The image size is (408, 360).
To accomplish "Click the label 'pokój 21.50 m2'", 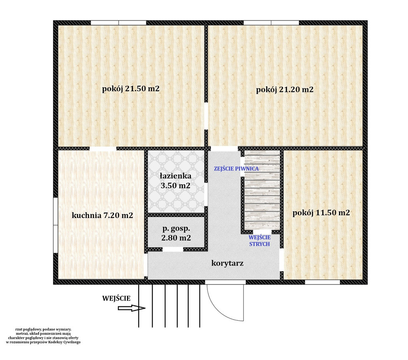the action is [x=131, y=89].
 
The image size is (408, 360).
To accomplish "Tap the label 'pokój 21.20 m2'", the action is [x=285, y=90].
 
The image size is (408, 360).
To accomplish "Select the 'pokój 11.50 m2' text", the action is [x=321, y=213].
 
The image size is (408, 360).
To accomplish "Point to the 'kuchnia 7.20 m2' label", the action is [x=102, y=216].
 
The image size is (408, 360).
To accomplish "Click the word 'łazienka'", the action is [x=175, y=176].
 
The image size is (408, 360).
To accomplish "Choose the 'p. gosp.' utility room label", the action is [x=176, y=229].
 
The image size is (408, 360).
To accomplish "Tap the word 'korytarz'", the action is [x=227, y=263].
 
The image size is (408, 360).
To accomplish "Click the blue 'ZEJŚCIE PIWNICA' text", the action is [x=236, y=168].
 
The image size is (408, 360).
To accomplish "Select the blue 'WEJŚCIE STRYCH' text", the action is [x=259, y=241].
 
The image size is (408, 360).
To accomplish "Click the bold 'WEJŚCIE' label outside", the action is [x=116, y=298].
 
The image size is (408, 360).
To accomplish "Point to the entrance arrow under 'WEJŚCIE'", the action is [x=131, y=308].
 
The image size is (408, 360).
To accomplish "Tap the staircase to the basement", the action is [x=262, y=190].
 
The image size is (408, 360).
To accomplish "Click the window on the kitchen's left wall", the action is [x=56, y=225].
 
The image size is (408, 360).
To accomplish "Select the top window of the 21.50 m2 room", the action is [x=118, y=23].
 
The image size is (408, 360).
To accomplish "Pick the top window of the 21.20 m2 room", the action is [x=271, y=23].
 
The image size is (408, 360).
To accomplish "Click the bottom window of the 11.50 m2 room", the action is [x=322, y=282].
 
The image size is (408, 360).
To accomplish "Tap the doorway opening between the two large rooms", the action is [x=206, y=116].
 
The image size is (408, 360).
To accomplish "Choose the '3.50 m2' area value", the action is [x=175, y=186].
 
